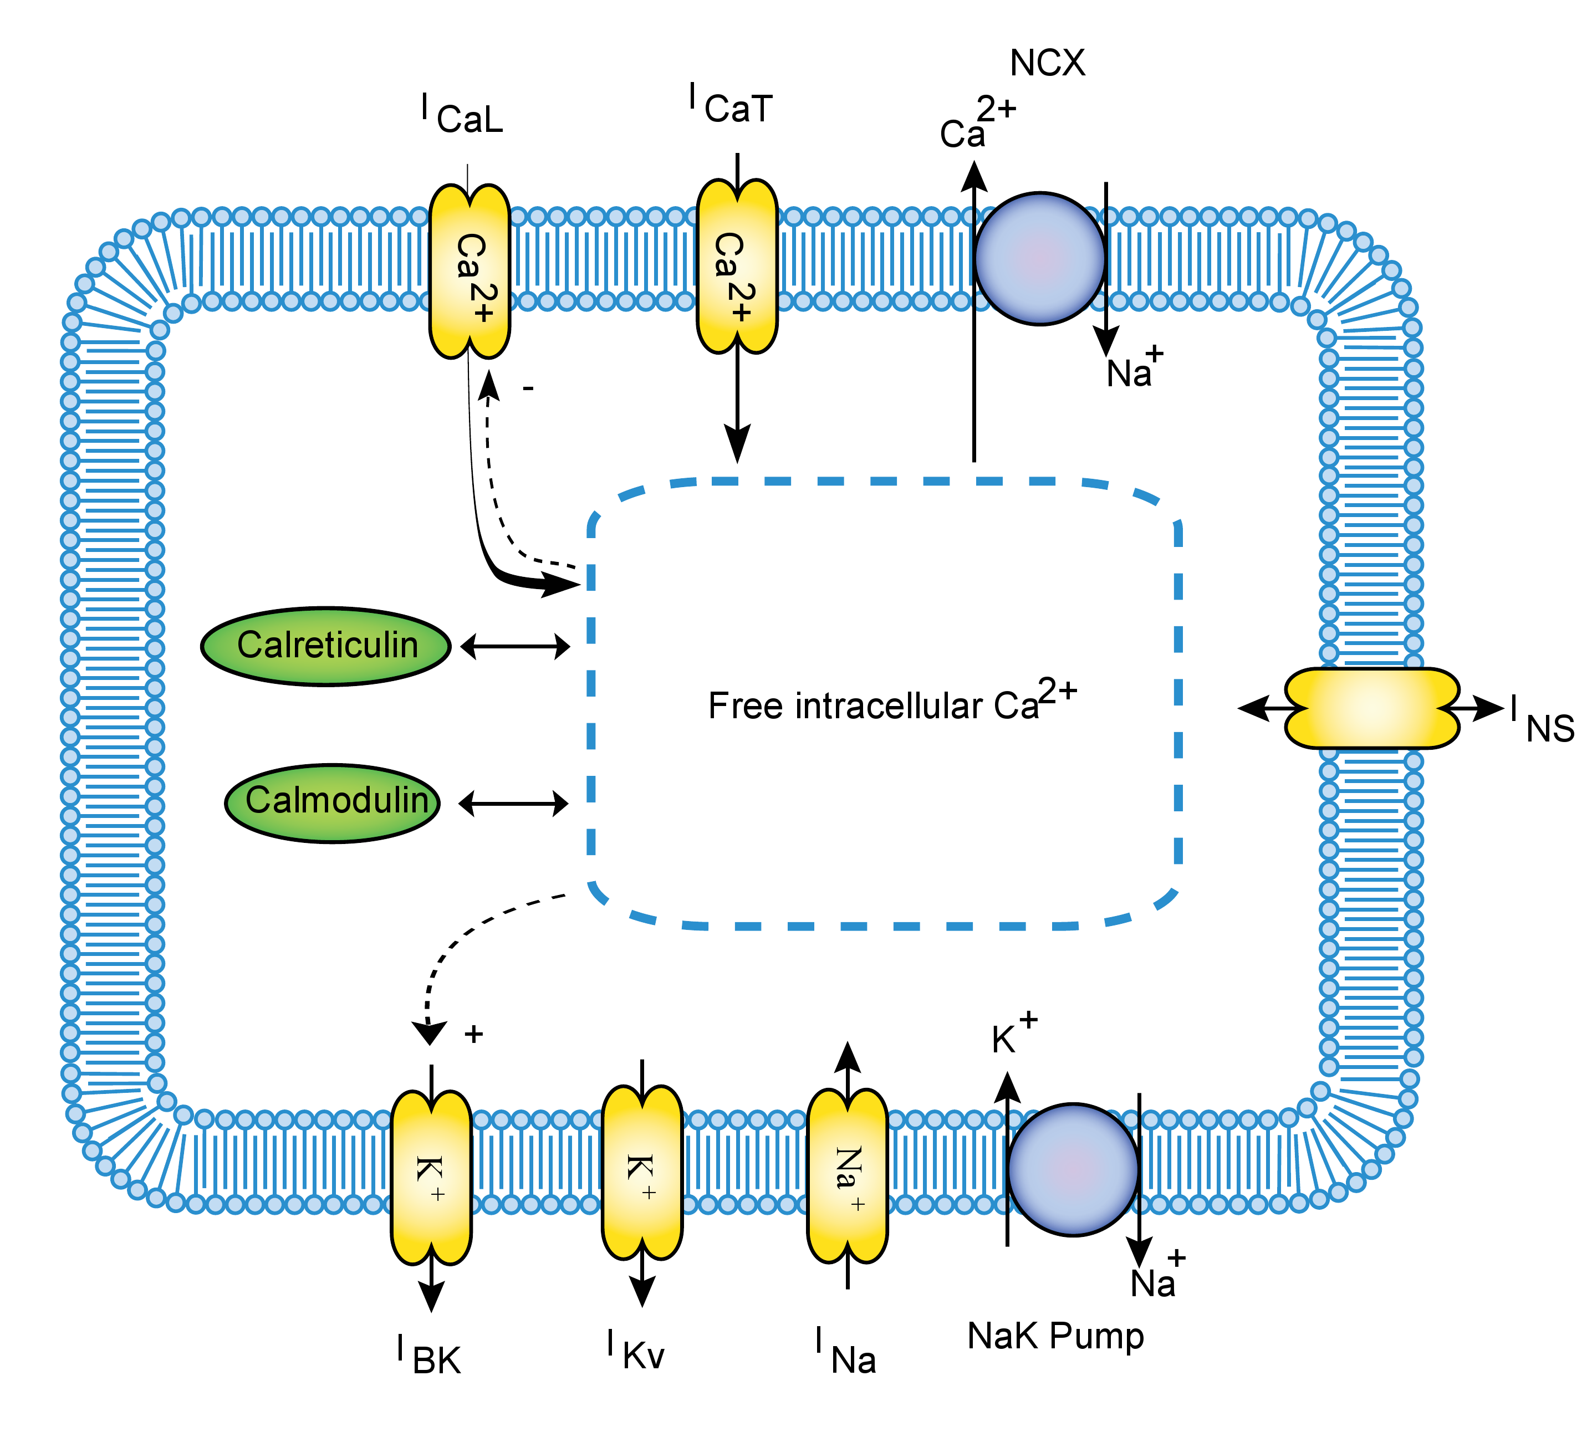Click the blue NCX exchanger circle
tap(1039, 258)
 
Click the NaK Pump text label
tap(1055, 1336)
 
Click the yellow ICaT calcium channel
tap(737, 266)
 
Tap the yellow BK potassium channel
tap(431, 1177)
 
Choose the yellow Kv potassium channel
tap(642, 1172)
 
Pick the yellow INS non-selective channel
tap(1371, 708)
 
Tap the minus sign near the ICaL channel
tap(529, 388)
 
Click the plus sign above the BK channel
tap(473, 1034)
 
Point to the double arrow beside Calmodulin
tap(513, 804)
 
